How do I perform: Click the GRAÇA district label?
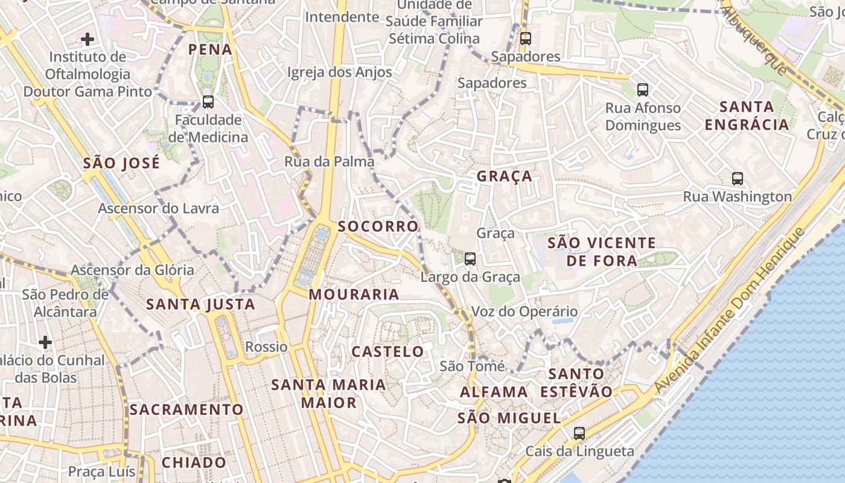(505, 176)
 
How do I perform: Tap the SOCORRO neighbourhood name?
(378, 226)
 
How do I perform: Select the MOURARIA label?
(354, 295)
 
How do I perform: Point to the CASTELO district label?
(387, 351)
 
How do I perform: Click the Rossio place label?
(266, 347)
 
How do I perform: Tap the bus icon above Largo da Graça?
(470, 259)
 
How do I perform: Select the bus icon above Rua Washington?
(737, 179)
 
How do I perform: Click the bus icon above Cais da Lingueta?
(579, 433)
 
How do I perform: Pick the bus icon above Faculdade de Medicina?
(208, 102)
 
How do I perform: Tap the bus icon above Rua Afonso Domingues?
(643, 90)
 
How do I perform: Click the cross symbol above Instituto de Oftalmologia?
(88, 40)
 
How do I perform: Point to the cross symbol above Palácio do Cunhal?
(45, 342)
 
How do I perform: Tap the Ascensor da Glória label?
(133, 270)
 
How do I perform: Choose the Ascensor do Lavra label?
(158, 209)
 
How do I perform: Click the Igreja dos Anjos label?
(339, 72)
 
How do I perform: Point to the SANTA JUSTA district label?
(201, 304)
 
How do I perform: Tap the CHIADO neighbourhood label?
(194, 463)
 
